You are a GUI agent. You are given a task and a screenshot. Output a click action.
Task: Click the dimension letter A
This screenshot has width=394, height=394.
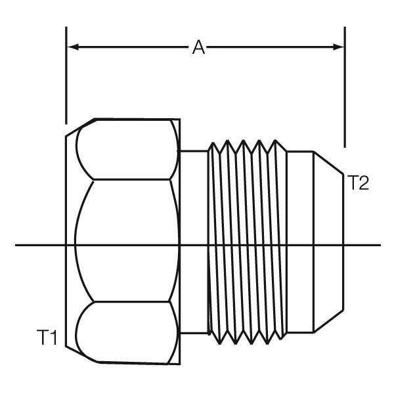(198, 47)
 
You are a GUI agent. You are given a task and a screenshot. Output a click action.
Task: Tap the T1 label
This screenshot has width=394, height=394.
(47, 338)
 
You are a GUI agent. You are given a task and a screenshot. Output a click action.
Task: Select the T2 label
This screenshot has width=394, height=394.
(358, 183)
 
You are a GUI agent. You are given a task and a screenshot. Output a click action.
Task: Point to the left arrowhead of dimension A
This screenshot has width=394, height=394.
(74, 47)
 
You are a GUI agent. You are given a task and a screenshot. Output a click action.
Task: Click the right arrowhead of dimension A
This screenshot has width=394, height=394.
(338, 47)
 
